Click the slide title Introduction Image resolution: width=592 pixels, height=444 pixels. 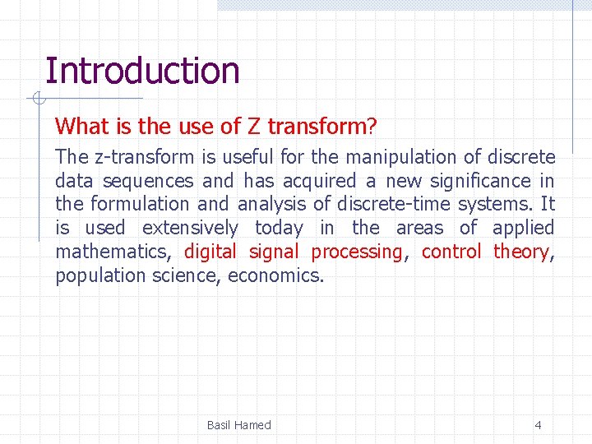click(x=142, y=71)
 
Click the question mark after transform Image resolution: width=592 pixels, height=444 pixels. click(x=372, y=127)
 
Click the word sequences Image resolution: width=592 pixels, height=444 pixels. click(x=148, y=181)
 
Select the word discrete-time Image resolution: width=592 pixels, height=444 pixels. click(x=394, y=204)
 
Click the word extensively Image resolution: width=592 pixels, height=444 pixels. click(x=190, y=228)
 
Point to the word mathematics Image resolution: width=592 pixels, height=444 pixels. click(x=111, y=252)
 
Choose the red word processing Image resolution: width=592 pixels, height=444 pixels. click(x=358, y=252)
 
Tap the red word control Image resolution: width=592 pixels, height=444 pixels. click(x=451, y=252)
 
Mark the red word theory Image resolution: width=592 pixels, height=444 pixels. click(x=520, y=252)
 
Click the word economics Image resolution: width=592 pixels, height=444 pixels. click(x=275, y=275)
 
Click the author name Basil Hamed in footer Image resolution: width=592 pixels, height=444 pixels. click(x=238, y=425)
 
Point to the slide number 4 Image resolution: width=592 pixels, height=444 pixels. click(x=538, y=425)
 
